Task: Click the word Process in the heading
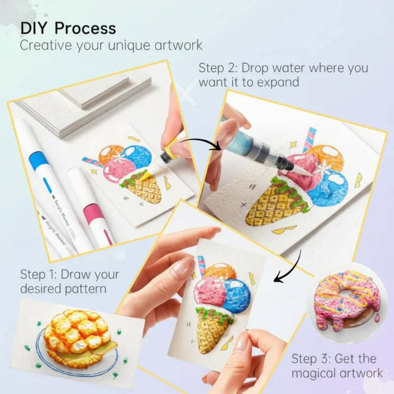click(x=85, y=28)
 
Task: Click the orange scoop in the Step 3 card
click(x=219, y=271)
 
